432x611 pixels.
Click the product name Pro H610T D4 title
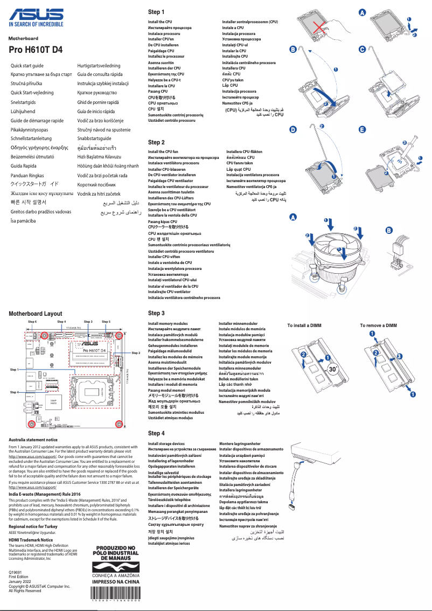tap(36, 49)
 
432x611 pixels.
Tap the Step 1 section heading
tap(156, 12)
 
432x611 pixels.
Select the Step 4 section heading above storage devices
tap(156, 433)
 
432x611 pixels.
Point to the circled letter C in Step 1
tap(362, 50)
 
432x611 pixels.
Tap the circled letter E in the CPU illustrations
tap(362, 130)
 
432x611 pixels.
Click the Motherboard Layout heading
tap(35, 313)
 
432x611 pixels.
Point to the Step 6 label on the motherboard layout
tap(32, 322)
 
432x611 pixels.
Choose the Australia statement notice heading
tap(33, 440)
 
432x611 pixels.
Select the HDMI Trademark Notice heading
tap(30, 540)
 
